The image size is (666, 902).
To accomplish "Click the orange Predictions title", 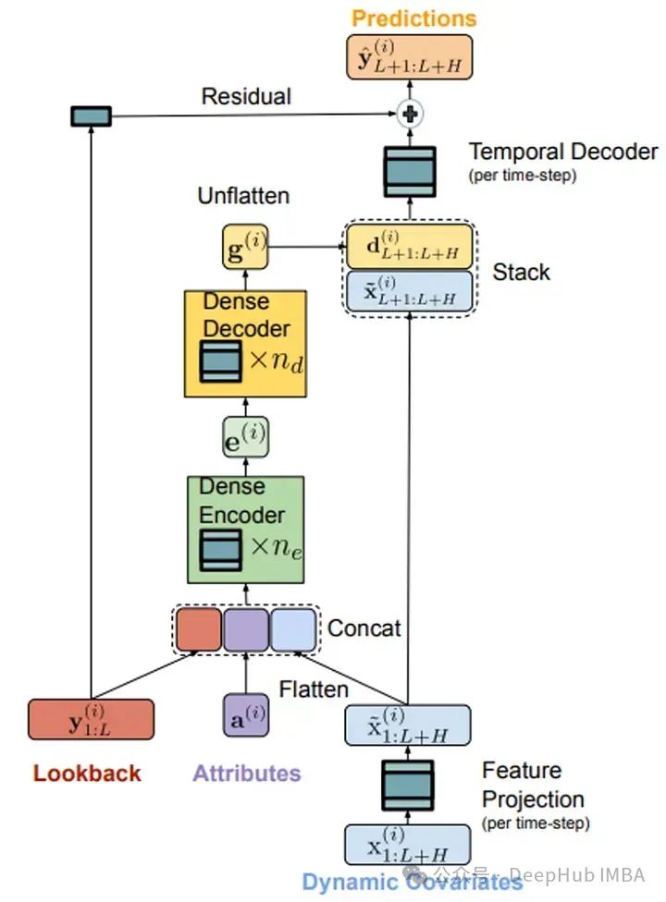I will (x=414, y=18).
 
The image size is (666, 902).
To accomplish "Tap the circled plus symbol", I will (x=410, y=115).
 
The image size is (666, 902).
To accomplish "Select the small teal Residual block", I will (x=91, y=116).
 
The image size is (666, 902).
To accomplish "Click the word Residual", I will (x=246, y=96).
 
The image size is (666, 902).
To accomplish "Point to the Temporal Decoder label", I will (x=563, y=152).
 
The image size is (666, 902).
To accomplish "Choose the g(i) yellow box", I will (x=245, y=247).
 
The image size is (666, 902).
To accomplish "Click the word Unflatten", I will (x=243, y=196).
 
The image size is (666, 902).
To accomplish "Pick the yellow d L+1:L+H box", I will (x=409, y=247).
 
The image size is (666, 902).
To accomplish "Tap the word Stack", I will (x=521, y=272).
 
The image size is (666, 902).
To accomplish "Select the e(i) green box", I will (x=245, y=436).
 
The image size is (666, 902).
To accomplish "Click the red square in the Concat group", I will (x=199, y=629).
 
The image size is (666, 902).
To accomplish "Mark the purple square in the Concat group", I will (x=245, y=629).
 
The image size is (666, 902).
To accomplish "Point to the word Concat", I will (x=364, y=628).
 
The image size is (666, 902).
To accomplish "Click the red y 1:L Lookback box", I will (x=91, y=719).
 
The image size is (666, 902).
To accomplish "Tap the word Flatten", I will (x=314, y=689).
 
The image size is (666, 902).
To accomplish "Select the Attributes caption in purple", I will (x=246, y=773).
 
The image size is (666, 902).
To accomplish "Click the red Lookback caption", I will (x=88, y=773).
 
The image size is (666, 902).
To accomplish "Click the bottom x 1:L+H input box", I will (x=408, y=844).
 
